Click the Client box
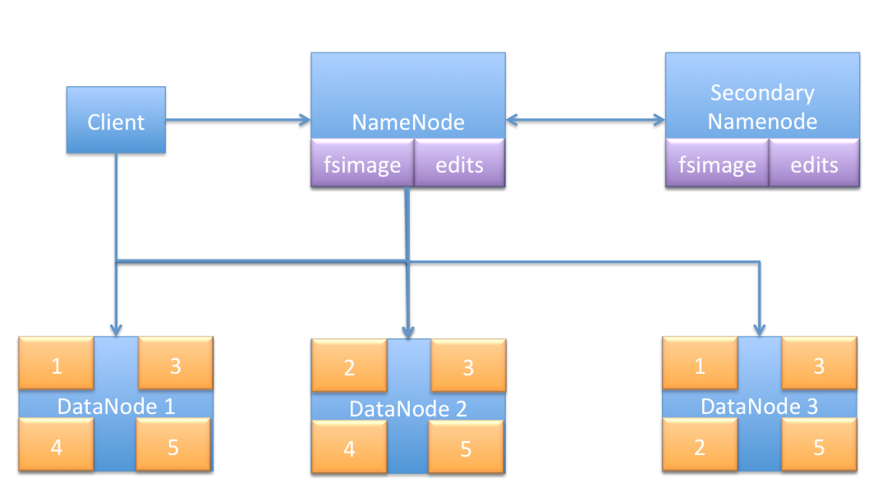(116, 121)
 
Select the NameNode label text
(408, 122)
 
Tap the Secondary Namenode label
(762, 107)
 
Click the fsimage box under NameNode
(362, 164)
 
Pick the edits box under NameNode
(459, 164)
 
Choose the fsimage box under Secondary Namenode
(717, 164)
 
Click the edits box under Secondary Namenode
(814, 164)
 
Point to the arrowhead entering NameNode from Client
(305, 120)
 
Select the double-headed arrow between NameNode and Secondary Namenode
(585, 120)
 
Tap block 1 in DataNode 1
(56, 365)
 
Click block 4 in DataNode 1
(56, 446)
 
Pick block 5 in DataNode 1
(173, 446)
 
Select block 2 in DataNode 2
(349, 366)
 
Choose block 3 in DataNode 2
(468, 366)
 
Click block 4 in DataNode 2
(349, 448)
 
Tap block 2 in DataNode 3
(699, 446)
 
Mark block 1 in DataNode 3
(699, 365)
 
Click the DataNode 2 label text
(408, 408)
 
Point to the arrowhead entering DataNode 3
(759, 330)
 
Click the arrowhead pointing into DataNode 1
(116, 330)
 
